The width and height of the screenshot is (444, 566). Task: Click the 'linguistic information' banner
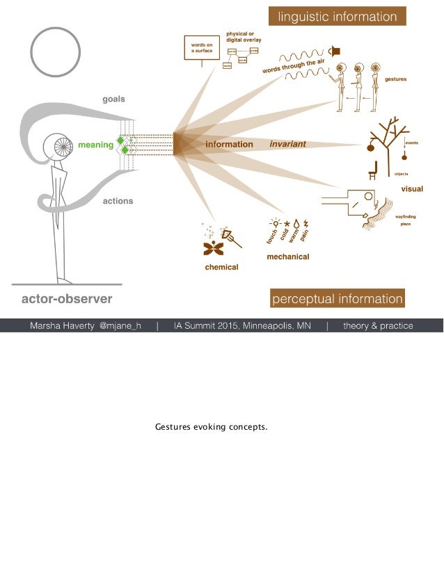pos(338,17)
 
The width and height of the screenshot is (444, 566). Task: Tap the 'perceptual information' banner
pos(337,300)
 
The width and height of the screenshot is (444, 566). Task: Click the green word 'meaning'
pos(95,145)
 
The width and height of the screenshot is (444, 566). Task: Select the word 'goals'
pos(114,99)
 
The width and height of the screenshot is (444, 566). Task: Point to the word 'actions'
pos(118,201)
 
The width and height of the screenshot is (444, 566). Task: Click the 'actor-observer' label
pos(67,300)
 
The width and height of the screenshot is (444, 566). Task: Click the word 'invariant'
pos(287,145)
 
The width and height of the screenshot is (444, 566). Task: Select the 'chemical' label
pos(221,267)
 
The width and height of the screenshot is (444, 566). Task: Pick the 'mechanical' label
pos(288,257)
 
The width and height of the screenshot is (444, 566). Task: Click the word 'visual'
pos(411,189)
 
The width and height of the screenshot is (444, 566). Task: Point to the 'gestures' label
pos(395,79)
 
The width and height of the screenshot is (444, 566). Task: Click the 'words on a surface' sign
pos(202,47)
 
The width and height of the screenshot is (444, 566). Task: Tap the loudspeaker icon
pos(336,50)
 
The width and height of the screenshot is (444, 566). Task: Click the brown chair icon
pos(372,170)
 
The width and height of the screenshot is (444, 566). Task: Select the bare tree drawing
pos(388,139)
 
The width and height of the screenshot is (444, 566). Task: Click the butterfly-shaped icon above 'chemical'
pos(213,248)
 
